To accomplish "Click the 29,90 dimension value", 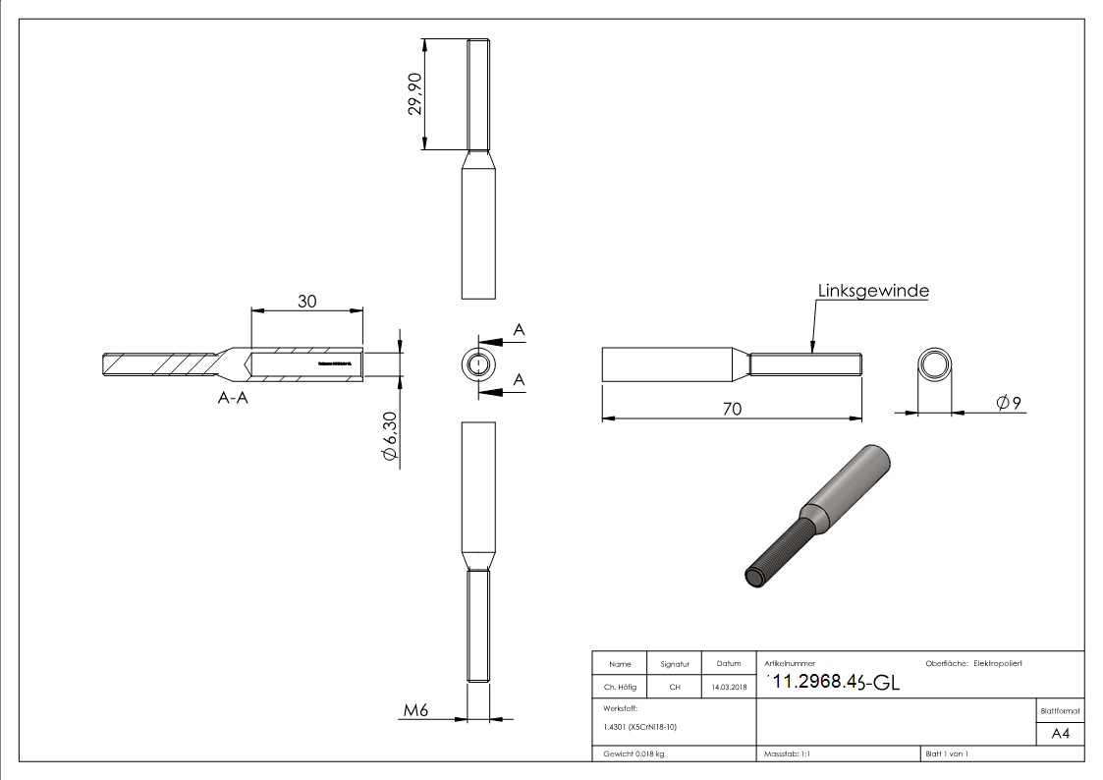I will (416, 93).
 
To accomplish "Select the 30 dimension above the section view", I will (306, 302).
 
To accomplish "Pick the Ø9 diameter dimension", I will (1010, 403).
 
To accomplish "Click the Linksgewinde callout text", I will (873, 291).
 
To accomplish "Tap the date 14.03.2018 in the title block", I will (728, 688).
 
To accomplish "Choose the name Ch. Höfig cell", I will (620, 688).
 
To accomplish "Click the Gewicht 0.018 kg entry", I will (634, 753).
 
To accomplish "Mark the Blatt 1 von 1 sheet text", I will (947, 753).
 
